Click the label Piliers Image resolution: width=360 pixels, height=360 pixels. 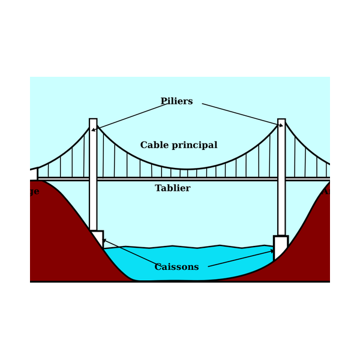click(176, 101)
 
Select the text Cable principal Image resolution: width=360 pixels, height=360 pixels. click(179, 145)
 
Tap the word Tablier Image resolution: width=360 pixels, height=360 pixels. click(172, 188)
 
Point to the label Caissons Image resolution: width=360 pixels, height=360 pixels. click(176, 267)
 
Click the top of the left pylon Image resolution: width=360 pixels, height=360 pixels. click(93, 121)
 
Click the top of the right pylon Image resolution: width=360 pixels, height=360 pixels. click(281, 121)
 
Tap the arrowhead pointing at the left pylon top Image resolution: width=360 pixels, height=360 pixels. click(94, 130)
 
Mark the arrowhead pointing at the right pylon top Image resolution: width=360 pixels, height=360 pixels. click(280, 126)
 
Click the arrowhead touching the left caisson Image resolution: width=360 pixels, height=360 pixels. click(104, 241)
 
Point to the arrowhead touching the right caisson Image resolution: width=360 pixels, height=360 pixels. click(272, 251)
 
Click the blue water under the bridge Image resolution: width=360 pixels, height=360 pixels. click(180, 264)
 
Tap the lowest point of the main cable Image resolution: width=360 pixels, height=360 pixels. click(187, 169)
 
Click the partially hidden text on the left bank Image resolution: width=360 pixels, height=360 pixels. click(34, 191)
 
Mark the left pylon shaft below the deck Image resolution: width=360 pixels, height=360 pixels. click(93, 207)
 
